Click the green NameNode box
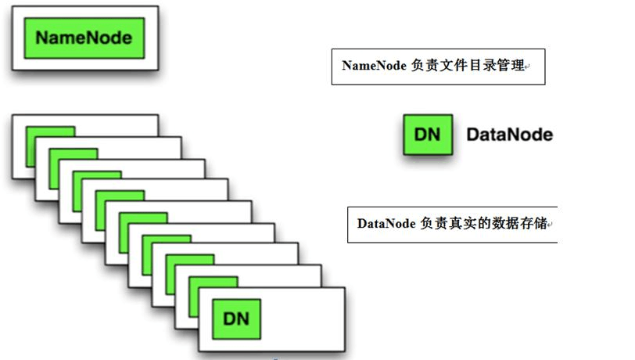[x=84, y=38]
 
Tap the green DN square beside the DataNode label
[x=427, y=135]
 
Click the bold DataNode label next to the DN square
[x=509, y=135]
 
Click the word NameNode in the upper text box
[x=374, y=66]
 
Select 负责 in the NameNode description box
[x=423, y=66]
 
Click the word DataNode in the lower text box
[x=386, y=223]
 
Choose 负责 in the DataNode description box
[x=432, y=223]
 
